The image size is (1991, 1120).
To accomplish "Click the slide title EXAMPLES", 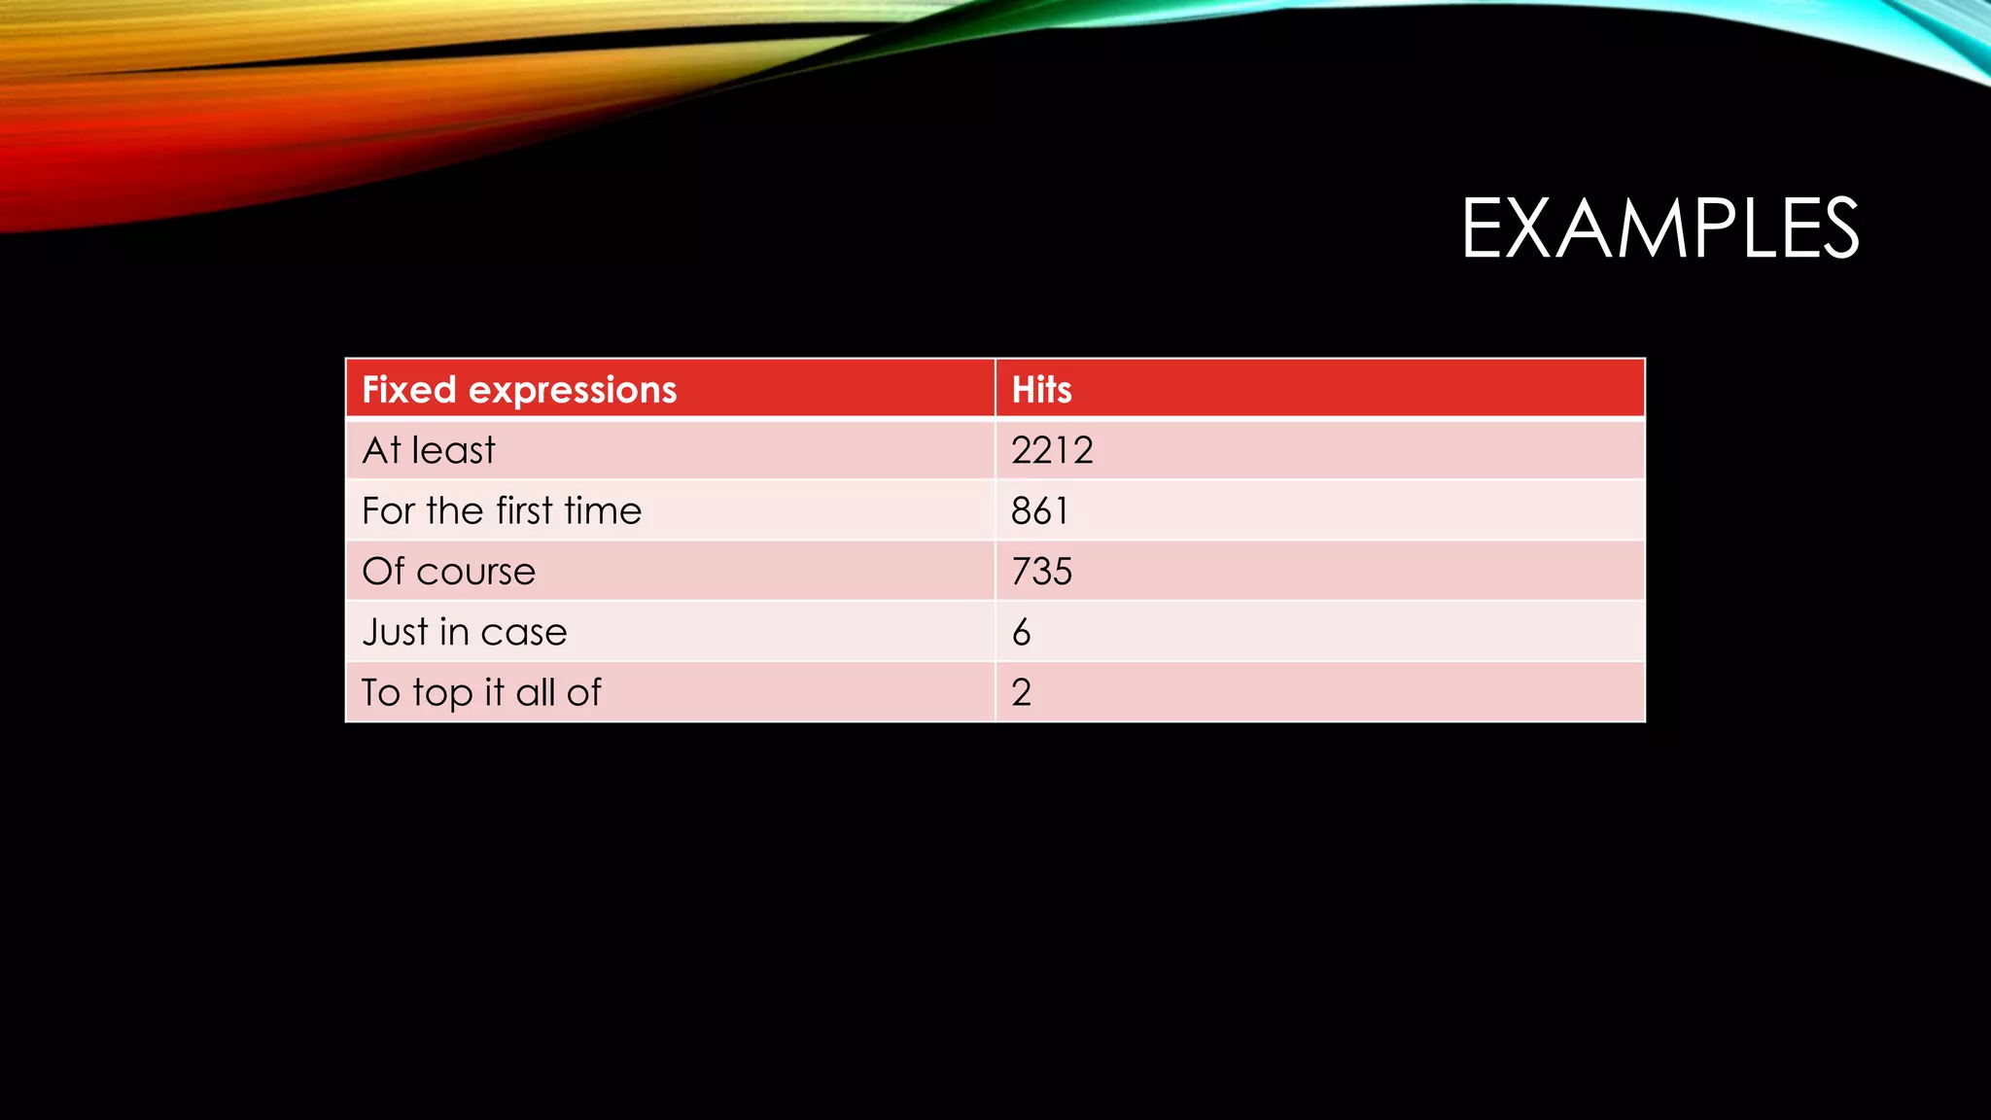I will (x=1659, y=228).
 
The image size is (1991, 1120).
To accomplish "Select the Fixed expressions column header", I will (x=519, y=390).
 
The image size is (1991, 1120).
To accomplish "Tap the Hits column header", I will (x=1041, y=390).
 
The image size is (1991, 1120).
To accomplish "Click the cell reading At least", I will (x=429, y=450).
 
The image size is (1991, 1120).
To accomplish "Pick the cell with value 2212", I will (x=1052, y=450).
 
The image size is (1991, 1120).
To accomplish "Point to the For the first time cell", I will (x=502, y=511).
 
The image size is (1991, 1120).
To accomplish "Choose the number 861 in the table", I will (x=1039, y=511).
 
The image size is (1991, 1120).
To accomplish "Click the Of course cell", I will (x=448, y=572).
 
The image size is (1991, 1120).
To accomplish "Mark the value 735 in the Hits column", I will (x=1041, y=572).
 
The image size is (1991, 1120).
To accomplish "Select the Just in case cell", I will (x=464, y=632).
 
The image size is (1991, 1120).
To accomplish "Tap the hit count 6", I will (x=1021, y=633).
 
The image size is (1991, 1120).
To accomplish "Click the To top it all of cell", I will (x=481, y=692).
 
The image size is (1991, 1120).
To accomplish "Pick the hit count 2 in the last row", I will (x=1021, y=692).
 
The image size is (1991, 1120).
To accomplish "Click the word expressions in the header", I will (x=573, y=391).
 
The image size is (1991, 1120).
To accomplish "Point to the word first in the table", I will (x=524, y=511).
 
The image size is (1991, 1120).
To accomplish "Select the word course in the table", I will (x=475, y=573).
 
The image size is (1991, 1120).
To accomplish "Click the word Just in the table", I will (x=395, y=632).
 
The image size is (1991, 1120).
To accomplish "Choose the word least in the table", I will (x=453, y=450).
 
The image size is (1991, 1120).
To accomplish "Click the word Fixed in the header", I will (x=409, y=390).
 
